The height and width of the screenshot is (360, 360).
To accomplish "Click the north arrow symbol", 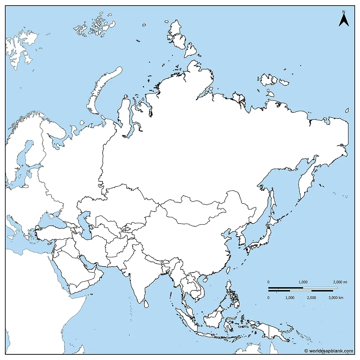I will [343, 20].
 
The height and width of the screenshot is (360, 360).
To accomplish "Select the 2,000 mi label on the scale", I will [340, 282].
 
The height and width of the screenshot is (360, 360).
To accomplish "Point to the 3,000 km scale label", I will [336, 298].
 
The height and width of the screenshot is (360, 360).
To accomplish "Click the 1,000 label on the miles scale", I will [303, 282].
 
